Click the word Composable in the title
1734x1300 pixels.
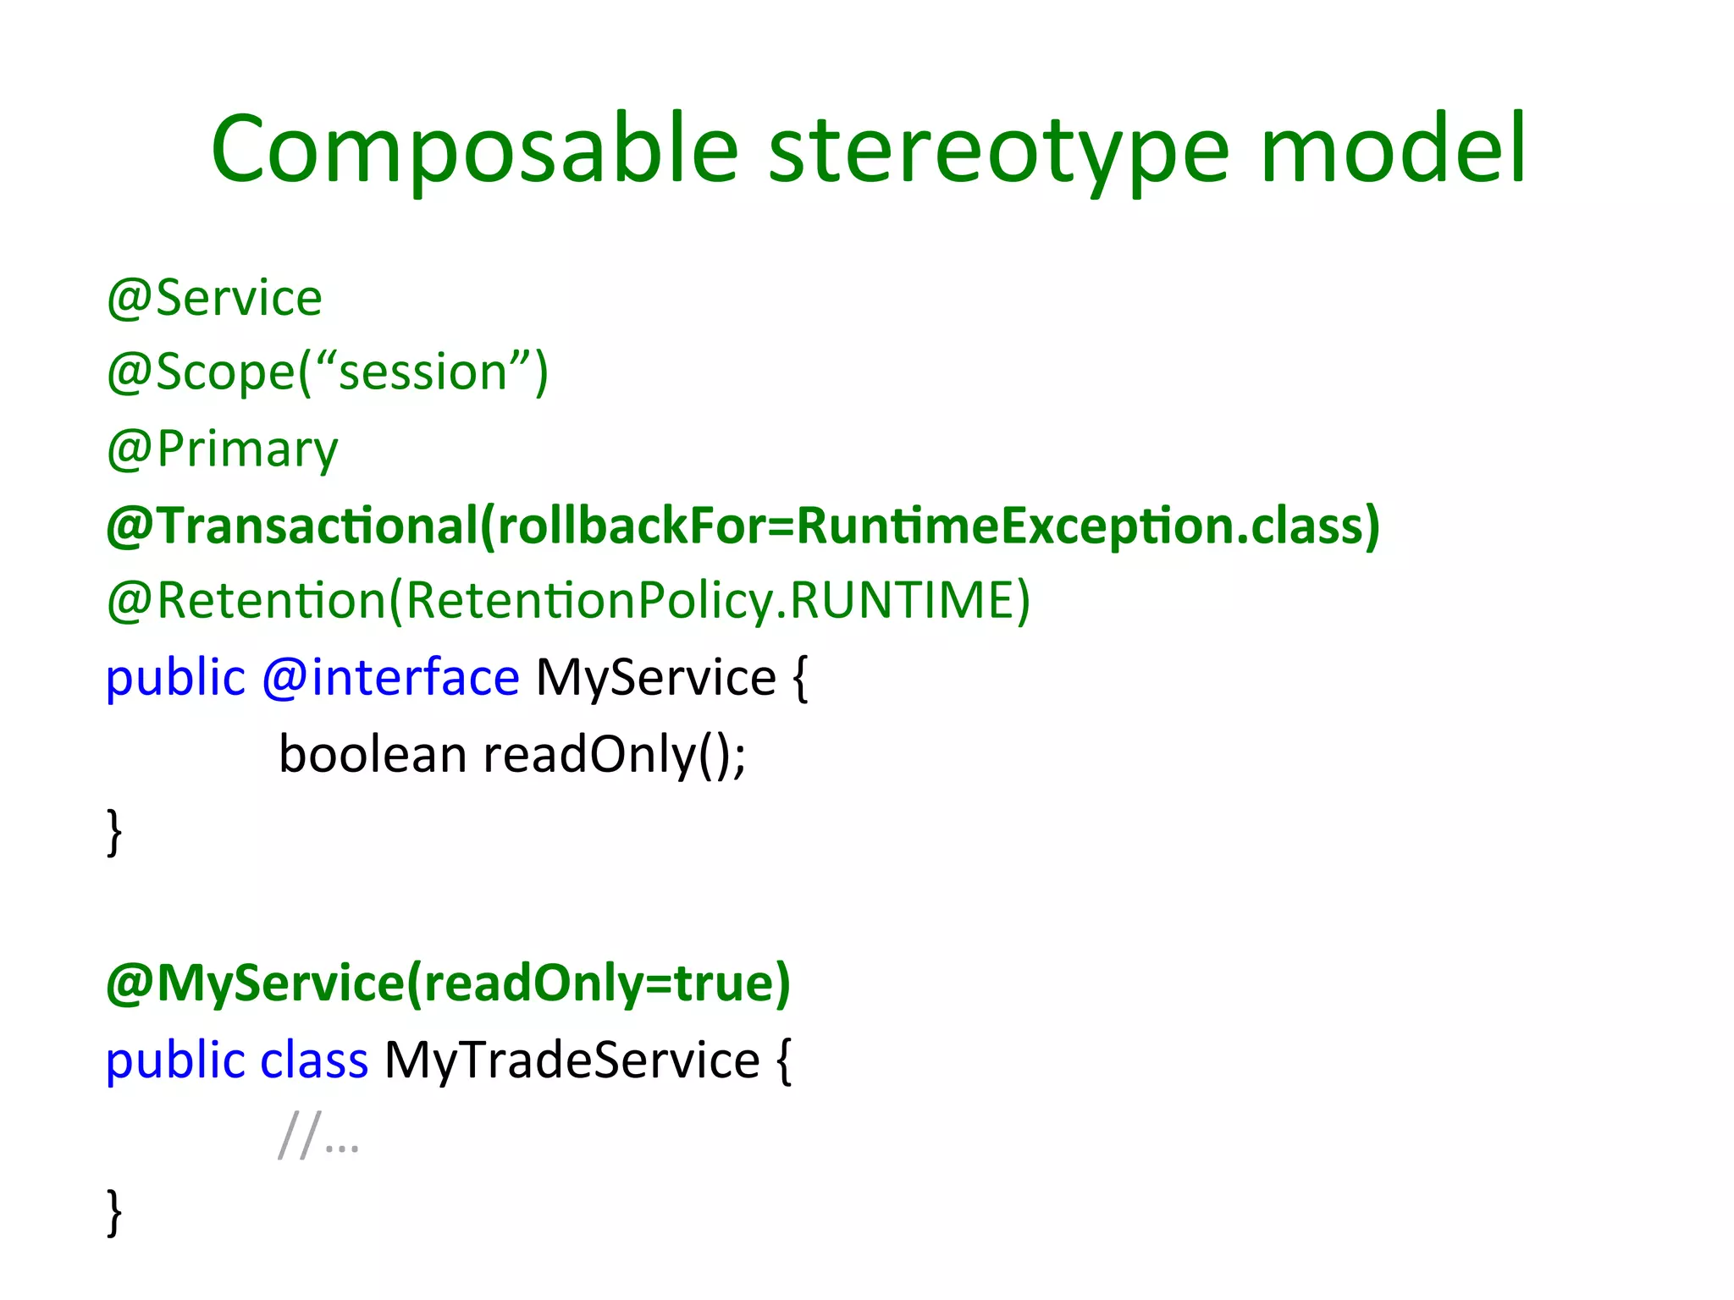point(474,151)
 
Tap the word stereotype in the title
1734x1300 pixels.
point(999,151)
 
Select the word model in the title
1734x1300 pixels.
point(1393,151)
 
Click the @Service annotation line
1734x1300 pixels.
point(214,298)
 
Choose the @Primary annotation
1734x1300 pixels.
point(222,449)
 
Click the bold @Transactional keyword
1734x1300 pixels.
point(292,525)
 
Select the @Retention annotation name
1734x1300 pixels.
point(246,601)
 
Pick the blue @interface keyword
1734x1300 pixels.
point(390,678)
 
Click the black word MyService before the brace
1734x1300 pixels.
point(655,678)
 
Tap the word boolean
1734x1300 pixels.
point(373,754)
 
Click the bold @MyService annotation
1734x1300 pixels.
point(254,983)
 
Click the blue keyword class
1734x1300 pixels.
point(313,1060)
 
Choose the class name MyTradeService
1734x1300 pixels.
point(572,1060)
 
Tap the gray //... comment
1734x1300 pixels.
point(318,1136)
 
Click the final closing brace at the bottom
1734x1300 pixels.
point(114,1212)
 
